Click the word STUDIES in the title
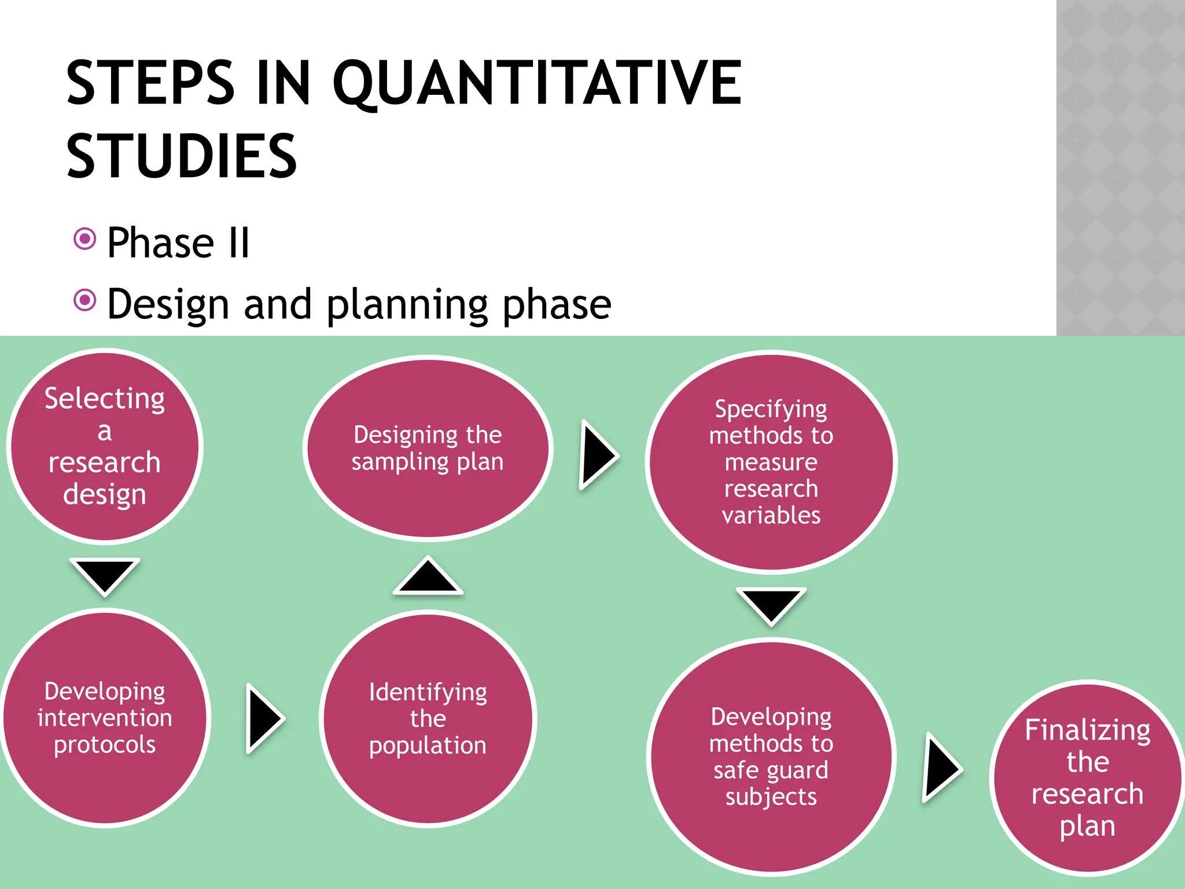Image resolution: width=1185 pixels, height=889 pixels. tap(182, 156)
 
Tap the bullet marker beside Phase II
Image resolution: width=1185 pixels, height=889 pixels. tap(85, 238)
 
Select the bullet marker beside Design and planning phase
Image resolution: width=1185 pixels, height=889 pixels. tap(85, 300)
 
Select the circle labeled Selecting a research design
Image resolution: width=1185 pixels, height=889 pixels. tap(105, 446)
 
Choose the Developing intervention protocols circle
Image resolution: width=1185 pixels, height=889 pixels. tap(105, 718)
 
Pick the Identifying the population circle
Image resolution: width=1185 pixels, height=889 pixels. tap(428, 718)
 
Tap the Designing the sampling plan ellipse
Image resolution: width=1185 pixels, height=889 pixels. tap(428, 448)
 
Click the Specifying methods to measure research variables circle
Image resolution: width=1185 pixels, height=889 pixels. tap(771, 462)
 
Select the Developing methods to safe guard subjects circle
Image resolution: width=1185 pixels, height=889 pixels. tap(771, 756)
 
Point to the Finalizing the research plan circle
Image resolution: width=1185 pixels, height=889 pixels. tap(1087, 777)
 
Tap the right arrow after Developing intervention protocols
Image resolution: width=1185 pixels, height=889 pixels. tap(264, 718)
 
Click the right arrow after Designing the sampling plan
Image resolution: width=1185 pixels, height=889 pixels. tap(598, 455)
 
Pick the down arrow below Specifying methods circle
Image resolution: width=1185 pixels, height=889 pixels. tap(771, 604)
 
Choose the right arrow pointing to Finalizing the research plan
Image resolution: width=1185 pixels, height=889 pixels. tap(941, 768)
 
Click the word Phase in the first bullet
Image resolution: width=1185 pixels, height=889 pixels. tap(160, 243)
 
